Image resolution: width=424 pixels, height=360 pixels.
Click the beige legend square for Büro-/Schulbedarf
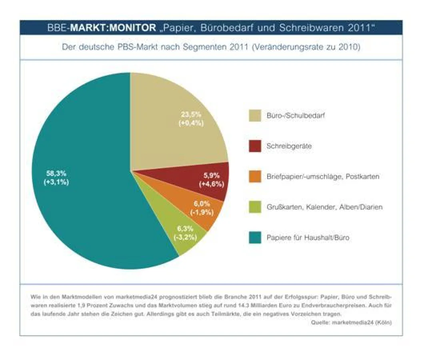[x=255, y=116]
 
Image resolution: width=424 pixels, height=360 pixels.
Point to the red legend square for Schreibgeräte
[x=255, y=146]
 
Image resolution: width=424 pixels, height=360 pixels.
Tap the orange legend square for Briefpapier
[x=255, y=177]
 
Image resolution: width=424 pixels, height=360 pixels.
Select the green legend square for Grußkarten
[x=255, y=207]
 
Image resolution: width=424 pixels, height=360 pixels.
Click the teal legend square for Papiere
[x=255, y=238]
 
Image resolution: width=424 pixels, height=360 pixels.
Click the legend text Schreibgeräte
[x=289, y=146]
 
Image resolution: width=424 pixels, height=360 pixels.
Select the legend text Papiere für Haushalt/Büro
[x=308, y=238]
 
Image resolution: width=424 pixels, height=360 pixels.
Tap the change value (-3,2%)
[x=184, y=237]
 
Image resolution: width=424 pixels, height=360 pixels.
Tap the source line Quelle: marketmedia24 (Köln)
[x=351, y=322]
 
